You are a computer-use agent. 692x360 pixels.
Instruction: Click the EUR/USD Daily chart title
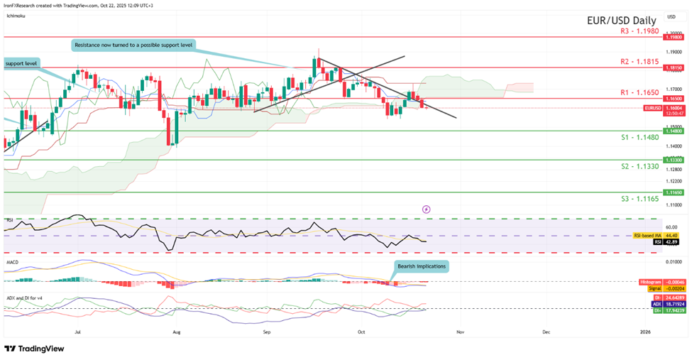pyautogui.click(x=620, y=21)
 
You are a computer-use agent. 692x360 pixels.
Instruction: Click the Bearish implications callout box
pyautogui.click(x=421, y=266)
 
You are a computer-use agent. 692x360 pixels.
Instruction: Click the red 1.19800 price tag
pyautogui.click(x=674, y=37)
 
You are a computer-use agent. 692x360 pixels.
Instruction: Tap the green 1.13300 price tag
pyautogui.click(x=674, y=160)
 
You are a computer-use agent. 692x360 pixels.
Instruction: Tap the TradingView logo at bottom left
pyautogui.click(x=33, y=349)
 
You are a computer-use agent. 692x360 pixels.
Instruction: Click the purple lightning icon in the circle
pyautogui.click(x=426, y=209)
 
